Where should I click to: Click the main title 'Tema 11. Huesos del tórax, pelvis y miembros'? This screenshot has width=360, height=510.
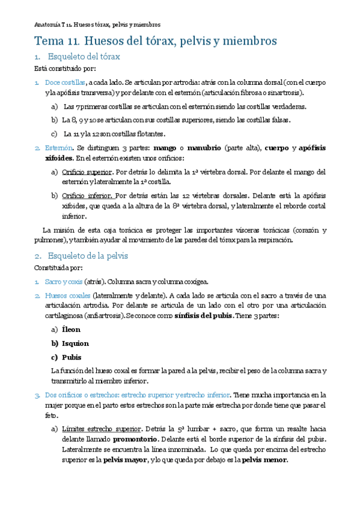pyautogui.click(x=156, y=41)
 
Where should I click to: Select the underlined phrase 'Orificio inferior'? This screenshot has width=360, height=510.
pyautogui.click(x=87, y=195)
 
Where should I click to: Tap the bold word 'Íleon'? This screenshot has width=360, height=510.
pyautogui.click(x=71, y=330)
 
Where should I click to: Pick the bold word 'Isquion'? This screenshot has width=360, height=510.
pyautogui.click(x=75, y=343)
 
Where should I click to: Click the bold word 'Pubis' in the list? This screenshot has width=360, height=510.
pyautogui.click(x=72, y=357)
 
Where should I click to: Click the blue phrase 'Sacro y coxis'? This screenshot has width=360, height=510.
pyautogui.click(x=63, y=281)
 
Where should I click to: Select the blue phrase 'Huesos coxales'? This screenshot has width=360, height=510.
pyautogui.click(x=68, y=295)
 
